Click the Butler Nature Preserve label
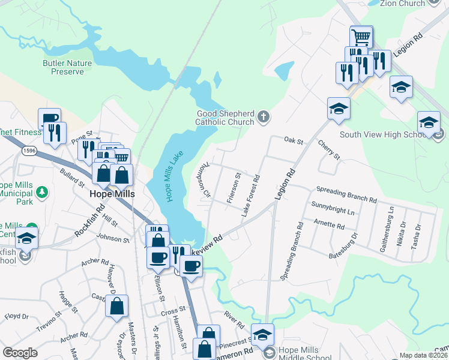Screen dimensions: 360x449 (67, 67)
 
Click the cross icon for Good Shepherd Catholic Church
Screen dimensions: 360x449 (263, 116)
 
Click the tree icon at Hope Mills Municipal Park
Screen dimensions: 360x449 (41, 191)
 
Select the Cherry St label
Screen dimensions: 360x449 (329, 150)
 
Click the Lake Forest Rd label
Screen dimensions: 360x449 (252, 195)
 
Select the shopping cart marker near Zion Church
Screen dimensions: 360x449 (361, 37)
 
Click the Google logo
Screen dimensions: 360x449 (20, 352)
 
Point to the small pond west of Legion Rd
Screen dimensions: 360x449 (284, 71)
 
